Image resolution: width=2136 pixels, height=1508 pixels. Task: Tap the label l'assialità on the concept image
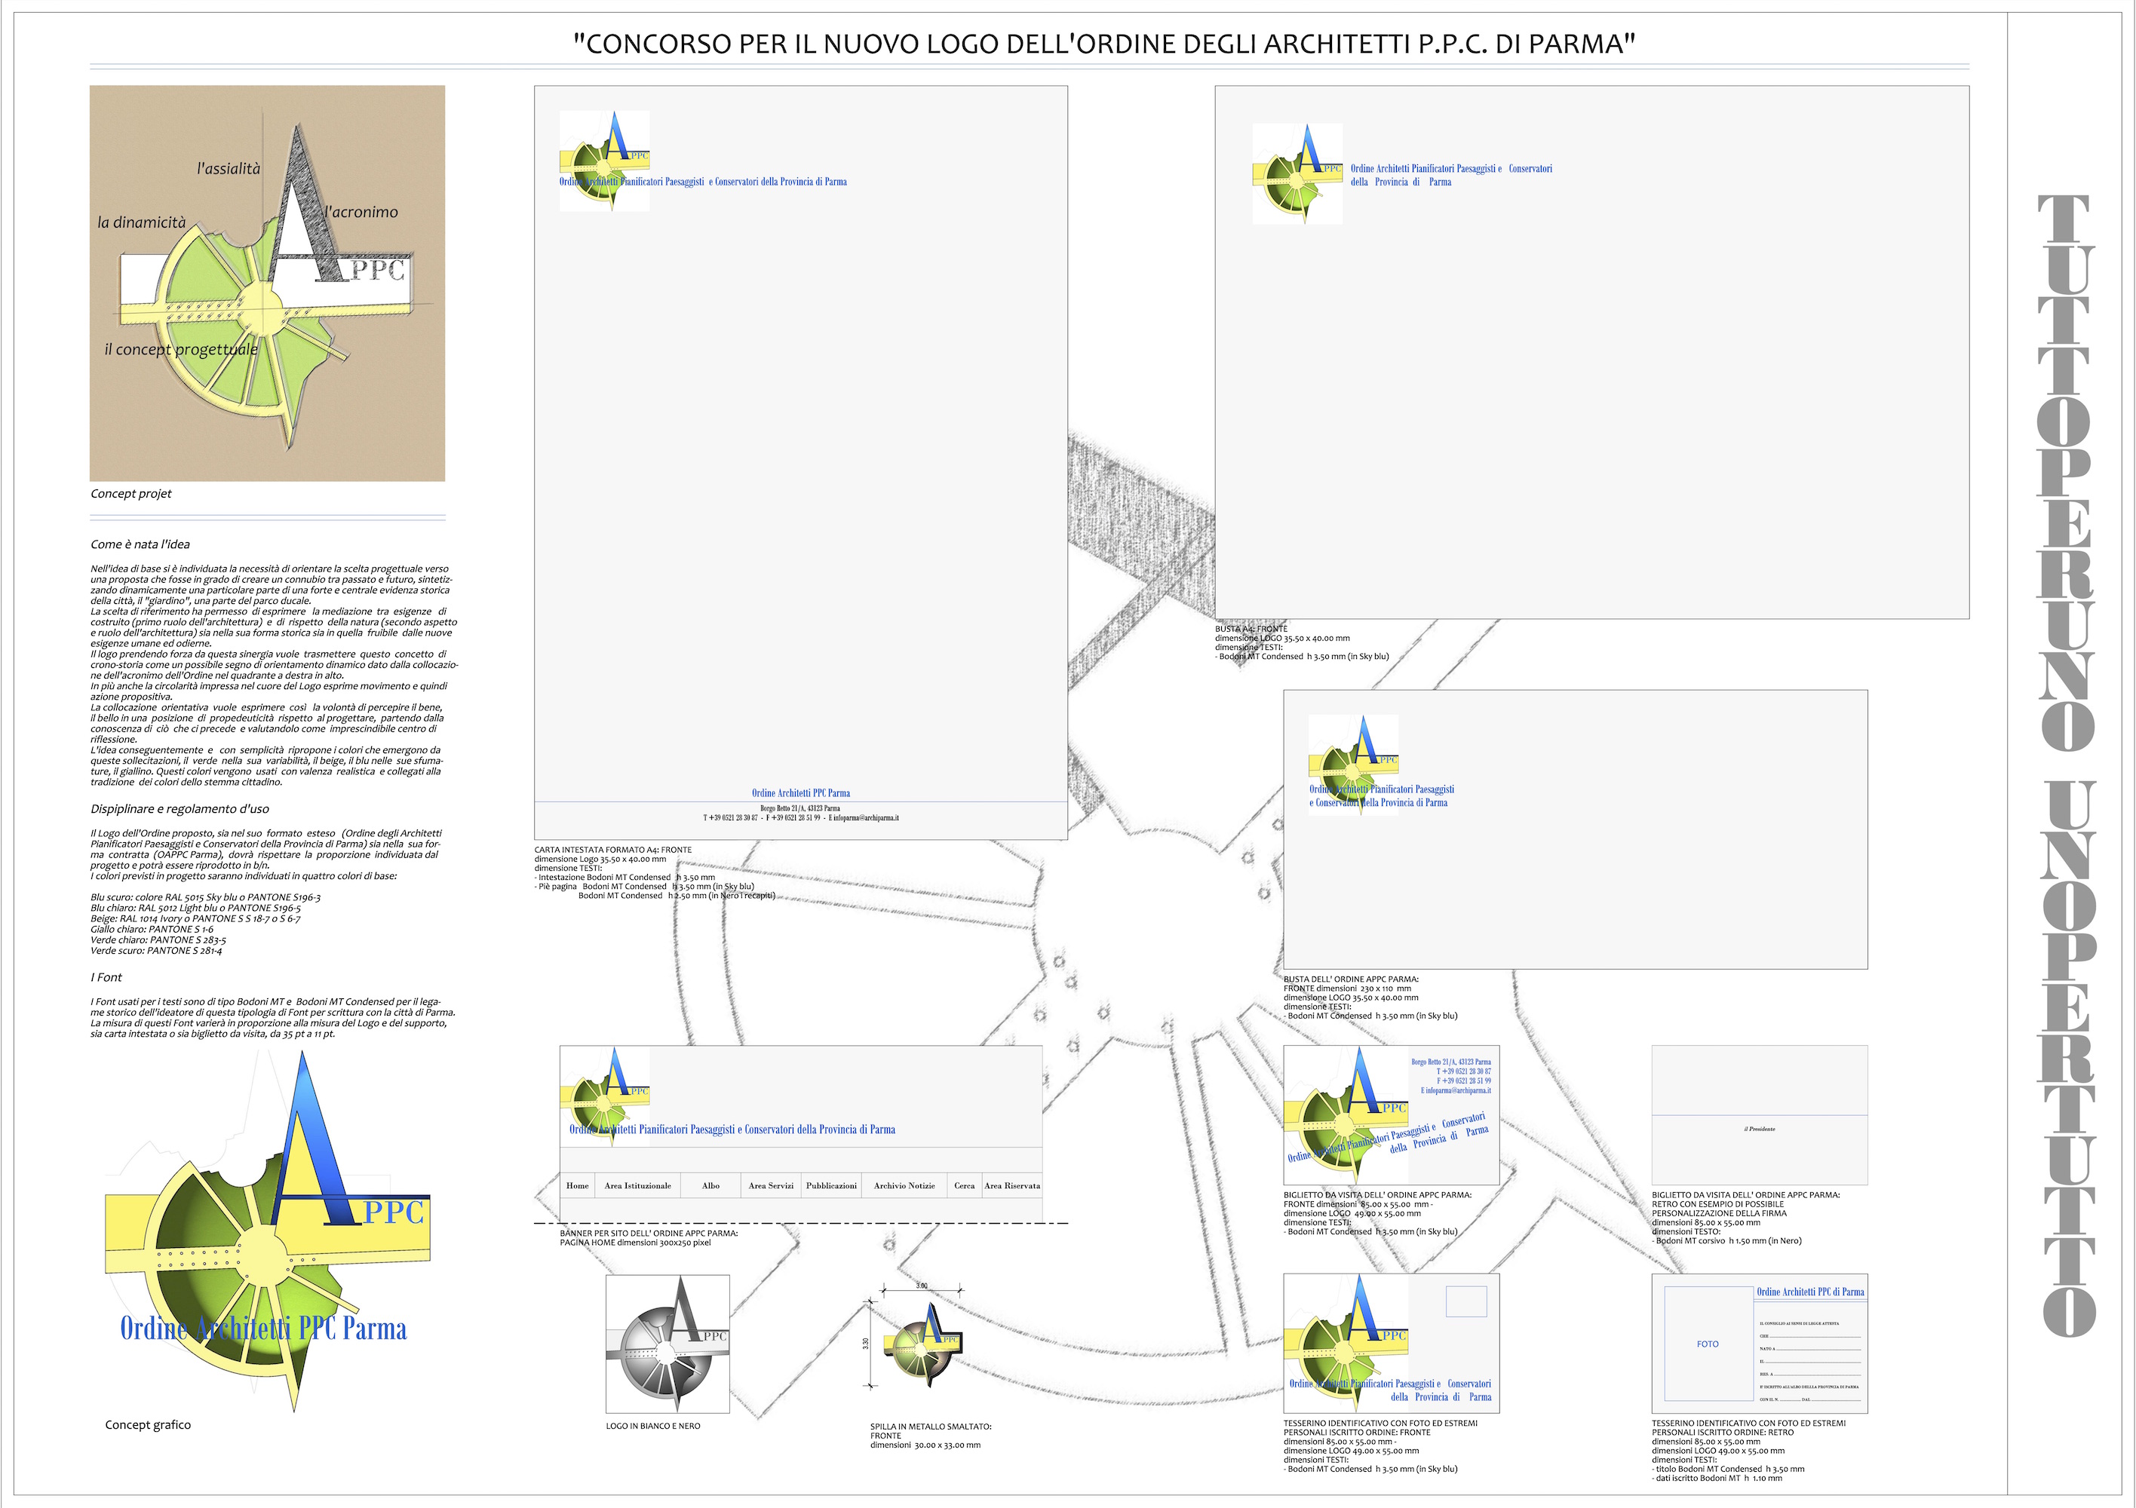coord(228,168)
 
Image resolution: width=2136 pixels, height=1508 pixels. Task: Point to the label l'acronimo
coord(361,212)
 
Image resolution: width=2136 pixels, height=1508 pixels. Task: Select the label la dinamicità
coord(141,222)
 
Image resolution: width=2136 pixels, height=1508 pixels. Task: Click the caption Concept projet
coord(131,494)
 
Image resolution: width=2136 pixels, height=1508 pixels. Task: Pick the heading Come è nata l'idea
coord(140,544)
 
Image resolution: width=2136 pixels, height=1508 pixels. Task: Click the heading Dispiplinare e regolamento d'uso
coord(180,808)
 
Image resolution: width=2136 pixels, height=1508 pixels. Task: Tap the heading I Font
coord(106,976)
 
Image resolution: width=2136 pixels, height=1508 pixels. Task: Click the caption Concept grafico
coord(148,1424)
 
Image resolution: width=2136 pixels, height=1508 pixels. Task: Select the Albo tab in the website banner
coord(710,1185)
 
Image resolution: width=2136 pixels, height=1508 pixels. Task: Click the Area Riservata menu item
coord(1012,1185)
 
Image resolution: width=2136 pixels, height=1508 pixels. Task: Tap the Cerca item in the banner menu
coord(965,1185)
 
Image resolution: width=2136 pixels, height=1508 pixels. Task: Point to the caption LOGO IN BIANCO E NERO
coord(653,1425)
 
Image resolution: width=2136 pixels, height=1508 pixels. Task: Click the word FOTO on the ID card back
coord(1707,1344)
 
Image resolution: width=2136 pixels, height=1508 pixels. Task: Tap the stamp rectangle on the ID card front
coord(1465,1301)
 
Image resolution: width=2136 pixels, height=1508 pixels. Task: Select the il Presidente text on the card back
coord(1759,1129)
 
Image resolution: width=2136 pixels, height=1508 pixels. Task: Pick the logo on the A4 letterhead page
coord(604,160)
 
